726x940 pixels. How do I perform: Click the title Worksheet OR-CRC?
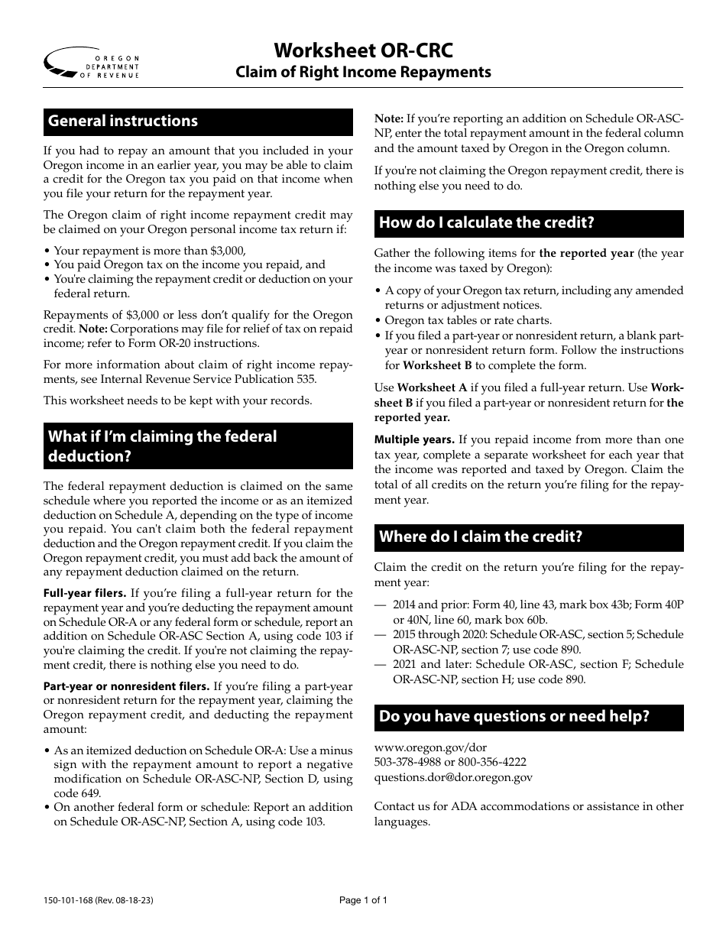[363, 50]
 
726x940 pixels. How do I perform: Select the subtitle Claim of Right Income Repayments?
[363, 73]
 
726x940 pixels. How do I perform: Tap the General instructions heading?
[123, 122]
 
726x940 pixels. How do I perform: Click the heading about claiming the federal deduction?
[162, 446]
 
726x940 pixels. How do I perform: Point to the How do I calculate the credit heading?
[487, 223]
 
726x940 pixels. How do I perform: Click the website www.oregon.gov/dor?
[430, 747]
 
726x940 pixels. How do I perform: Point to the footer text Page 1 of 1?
[363, 900]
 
